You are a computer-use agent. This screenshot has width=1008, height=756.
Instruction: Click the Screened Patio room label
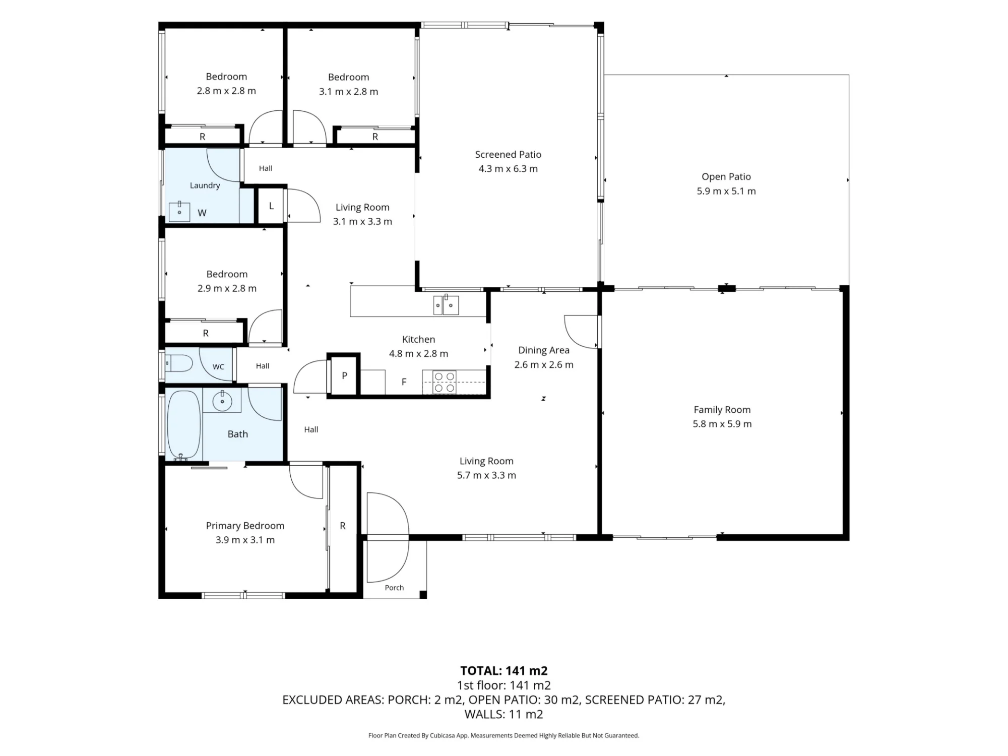click(508, 155)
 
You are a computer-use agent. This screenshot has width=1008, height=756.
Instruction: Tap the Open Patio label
click(726, 177)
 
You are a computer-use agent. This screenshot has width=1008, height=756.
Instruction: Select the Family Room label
click(722, 410)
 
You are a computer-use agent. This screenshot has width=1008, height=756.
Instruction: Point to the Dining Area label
click(544, 350)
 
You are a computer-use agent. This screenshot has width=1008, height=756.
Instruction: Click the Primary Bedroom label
click(245, 526)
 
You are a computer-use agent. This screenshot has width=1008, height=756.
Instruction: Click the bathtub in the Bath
click(184, 425)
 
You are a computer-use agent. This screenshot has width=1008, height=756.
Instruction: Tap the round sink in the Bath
click(222, 401)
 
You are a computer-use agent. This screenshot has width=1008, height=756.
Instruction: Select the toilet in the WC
click(179, 363)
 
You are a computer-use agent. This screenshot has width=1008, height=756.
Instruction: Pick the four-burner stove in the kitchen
click(445, 383)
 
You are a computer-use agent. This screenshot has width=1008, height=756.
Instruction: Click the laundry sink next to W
click(179, 212)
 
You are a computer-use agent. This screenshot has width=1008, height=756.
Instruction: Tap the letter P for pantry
click(345, 375)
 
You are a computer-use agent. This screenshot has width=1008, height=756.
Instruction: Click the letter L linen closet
click(271, 206)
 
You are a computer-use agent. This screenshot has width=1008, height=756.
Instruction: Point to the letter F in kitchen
click(404, 382)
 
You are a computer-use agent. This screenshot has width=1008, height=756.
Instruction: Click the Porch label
click(394, 588)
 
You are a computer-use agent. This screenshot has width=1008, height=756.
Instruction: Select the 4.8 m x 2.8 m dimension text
click(418, 354)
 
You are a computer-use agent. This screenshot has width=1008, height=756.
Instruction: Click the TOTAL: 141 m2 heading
click(503, 671)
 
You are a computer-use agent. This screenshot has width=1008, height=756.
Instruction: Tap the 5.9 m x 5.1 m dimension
click(726, 191)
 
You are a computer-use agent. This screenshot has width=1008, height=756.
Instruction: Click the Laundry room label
click(205, 185)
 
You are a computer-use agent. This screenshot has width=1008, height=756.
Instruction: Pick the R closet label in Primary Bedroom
click(343, 526)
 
